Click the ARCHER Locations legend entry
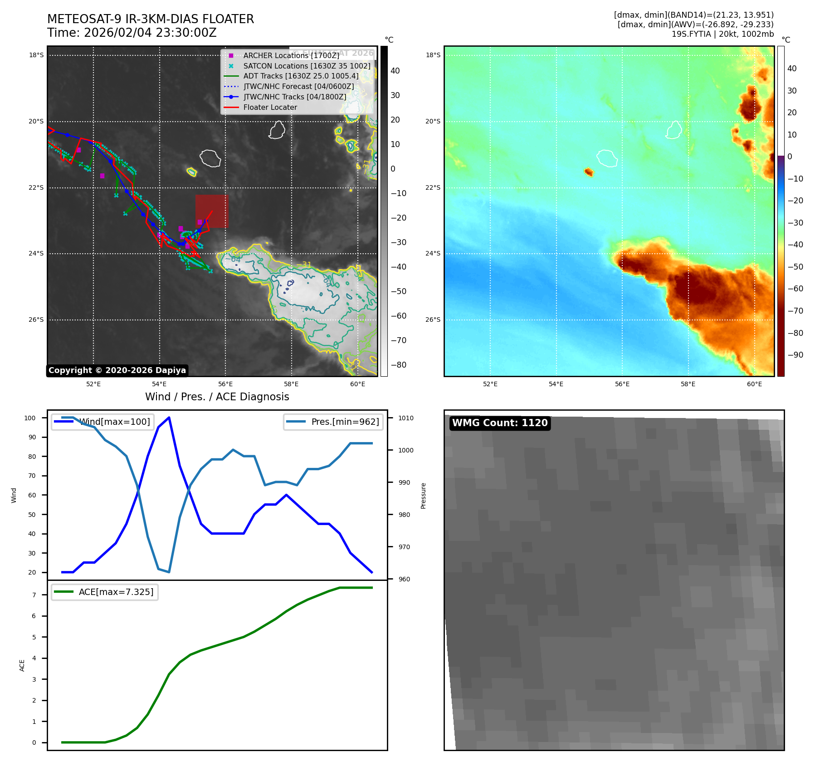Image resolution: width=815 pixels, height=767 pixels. point(291,55)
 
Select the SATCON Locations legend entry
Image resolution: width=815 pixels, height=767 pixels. point(307,66)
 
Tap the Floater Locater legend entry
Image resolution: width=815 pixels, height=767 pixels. point(270,107)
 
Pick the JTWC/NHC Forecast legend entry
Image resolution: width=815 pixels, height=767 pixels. point(298,86)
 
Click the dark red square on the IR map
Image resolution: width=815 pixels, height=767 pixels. point(212,211)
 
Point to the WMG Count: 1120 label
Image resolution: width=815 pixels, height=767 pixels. point(500,423)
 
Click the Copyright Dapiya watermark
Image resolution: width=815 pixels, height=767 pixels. point(117,370)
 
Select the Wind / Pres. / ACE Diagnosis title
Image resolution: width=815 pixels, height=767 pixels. point(217,397)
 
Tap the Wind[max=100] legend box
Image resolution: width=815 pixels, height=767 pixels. point(102,422)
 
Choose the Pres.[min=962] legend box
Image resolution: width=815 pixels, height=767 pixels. point(333,422)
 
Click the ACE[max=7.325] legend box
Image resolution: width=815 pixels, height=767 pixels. point(105,592)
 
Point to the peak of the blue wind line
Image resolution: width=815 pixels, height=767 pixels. point(169,418)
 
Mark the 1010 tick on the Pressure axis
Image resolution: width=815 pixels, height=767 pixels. point(406,418)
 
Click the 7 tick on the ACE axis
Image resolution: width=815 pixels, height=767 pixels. point(34,595)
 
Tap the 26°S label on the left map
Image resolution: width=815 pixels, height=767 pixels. point(36,320)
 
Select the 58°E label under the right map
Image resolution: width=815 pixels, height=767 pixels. point(688,384)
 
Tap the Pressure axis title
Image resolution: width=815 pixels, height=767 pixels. point(423,496)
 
